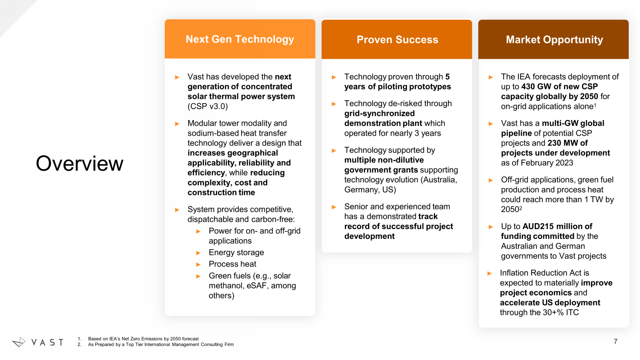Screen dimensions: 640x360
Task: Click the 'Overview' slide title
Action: [x=79, y=164]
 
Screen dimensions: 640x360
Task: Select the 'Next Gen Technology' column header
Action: [x=240, y=39]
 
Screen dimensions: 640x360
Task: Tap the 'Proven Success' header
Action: [x=397, y=39]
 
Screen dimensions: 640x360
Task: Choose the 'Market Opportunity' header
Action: [x=554, y=39]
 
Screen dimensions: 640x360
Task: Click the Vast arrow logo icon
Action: [x=19, y=342]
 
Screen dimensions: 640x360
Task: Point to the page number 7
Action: [x=615, y=341]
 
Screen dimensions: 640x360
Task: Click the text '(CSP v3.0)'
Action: [x=208, y=106]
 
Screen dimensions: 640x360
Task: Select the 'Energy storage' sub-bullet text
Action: [x=236, y=252]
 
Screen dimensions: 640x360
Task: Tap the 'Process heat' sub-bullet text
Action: [x=233, y=264]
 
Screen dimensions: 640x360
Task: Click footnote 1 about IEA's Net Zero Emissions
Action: [x=138, y=339]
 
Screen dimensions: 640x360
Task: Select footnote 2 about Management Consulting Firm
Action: [x=155, y=344]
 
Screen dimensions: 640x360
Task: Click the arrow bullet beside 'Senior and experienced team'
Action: [x=334, y=207]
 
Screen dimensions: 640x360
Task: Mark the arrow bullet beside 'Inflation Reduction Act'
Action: [x=489, y=273]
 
